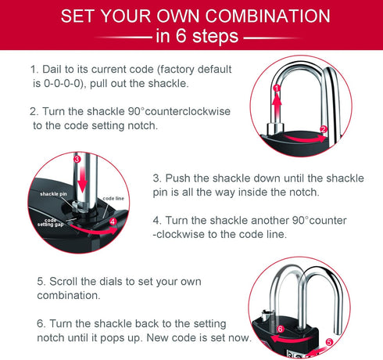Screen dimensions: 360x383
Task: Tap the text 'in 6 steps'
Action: coord(191,36)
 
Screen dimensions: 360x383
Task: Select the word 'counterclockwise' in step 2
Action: coord(188,112)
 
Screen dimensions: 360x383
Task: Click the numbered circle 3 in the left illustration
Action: coord(77,159)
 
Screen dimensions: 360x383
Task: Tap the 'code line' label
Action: coord(114,200)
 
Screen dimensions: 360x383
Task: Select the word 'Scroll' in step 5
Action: coord(71,279)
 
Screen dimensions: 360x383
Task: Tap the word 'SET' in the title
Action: coord(81,16)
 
